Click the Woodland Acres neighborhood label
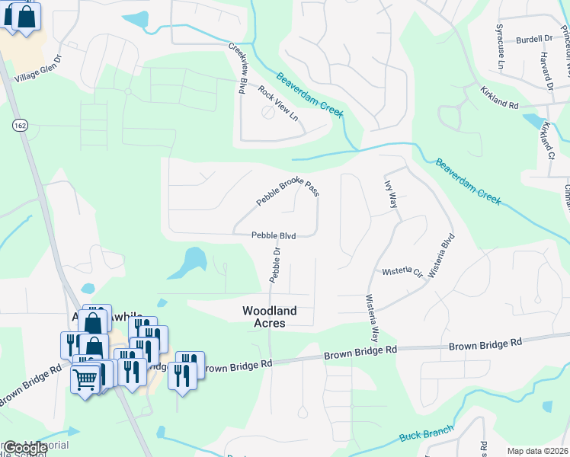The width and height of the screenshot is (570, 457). tap(269, 317)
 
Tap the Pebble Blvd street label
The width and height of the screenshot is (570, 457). tap(274, 236)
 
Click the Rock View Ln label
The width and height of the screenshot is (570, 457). tap(277, 104)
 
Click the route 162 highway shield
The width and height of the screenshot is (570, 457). tap(21, 124)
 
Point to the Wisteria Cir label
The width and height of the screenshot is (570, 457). tap(402, 270)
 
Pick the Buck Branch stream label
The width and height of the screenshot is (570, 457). tap(426, 433)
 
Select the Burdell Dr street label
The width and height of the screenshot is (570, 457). tap(533, 38)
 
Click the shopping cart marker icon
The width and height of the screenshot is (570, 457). tap(85, 377)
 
